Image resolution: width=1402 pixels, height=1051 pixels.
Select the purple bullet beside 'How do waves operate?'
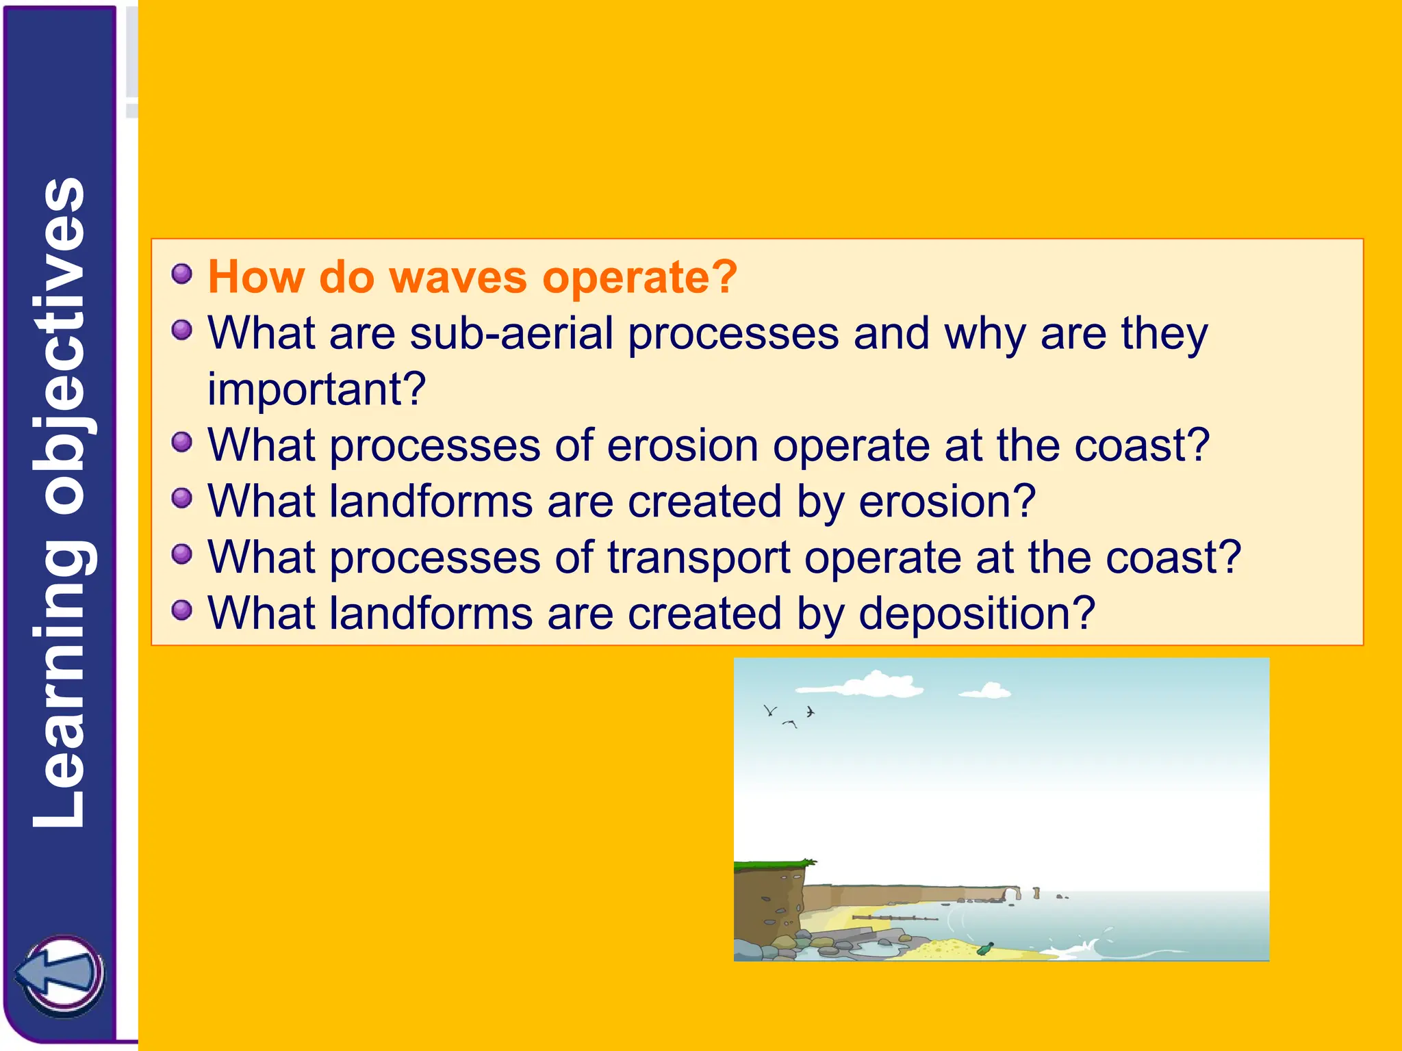(182, 274)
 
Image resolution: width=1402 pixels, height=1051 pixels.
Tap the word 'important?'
(316, 389)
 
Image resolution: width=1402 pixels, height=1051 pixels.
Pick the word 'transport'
(698, 557)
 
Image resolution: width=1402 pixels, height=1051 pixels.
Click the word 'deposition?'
(977, 613)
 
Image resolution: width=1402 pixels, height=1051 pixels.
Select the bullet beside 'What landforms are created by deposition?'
(182, 609)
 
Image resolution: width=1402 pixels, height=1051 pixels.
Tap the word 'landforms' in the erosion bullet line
(431, 502)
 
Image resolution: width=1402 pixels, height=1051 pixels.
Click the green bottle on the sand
(986, 948)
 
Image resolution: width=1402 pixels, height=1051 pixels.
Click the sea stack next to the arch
(1036, 892)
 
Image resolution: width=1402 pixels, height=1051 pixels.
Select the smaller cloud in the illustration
(987, 691)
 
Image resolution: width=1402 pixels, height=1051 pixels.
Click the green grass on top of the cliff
(774, 865)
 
